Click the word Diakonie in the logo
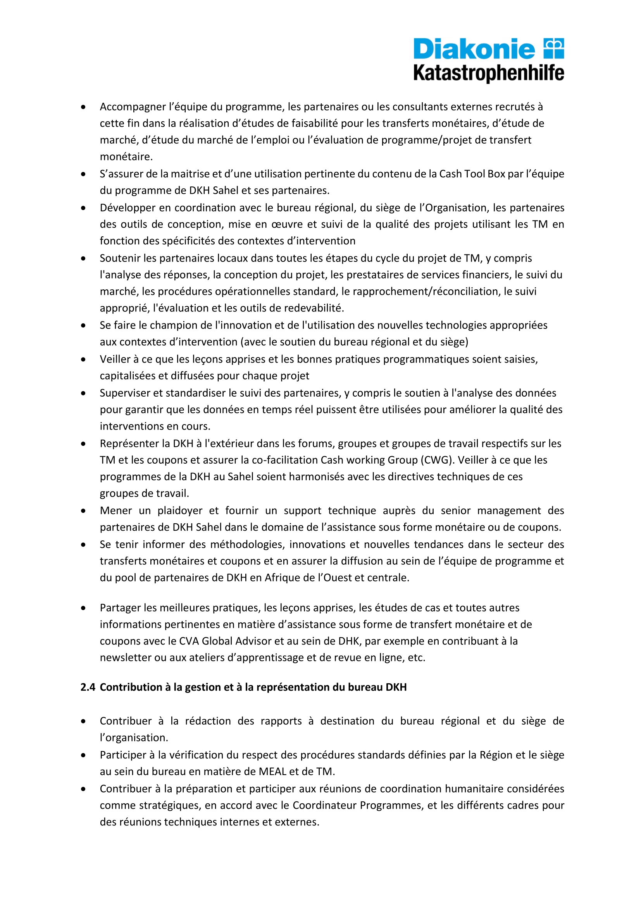pos(474,49)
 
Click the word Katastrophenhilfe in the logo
pos(489,74)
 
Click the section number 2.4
pos(88,687)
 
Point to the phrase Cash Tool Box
pos(472,174)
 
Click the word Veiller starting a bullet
pos(115,359)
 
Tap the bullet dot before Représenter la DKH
pos(83,444)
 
